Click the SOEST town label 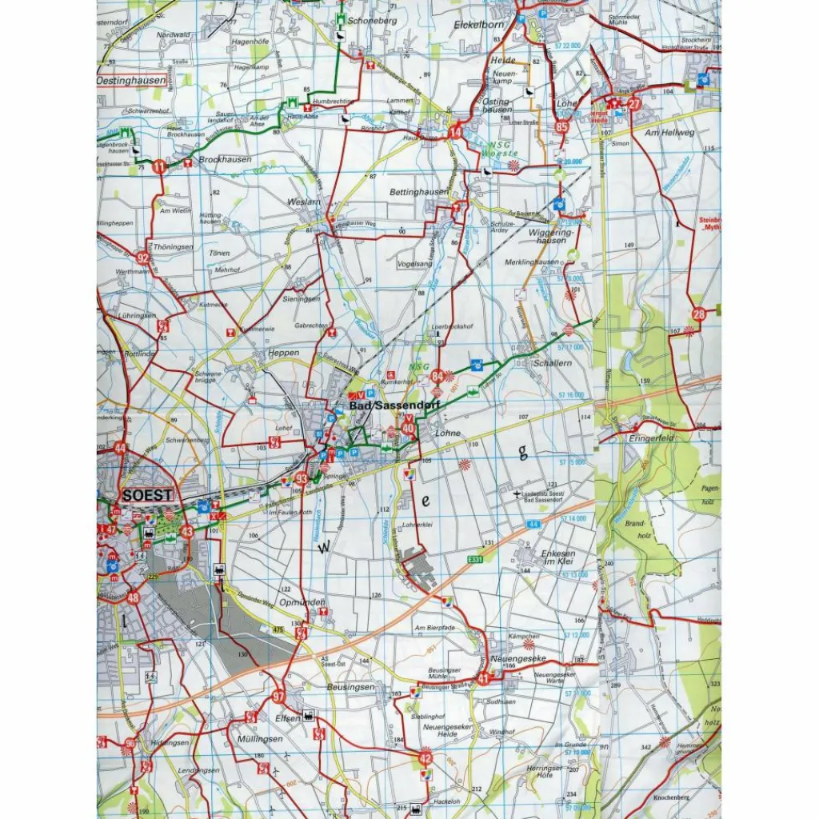tap(148, 495)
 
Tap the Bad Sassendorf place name tap(382, 406)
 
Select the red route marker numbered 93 tap(302, 479)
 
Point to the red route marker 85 tap(562, 126)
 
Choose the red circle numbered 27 tap(634, 104)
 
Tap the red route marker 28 tap(699, 314)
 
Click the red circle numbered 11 tap(161, 166)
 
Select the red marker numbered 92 tap(142, 258)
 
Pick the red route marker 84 tap(437, 375)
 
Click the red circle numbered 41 tap(484, 680)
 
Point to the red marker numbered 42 tap(425, 757)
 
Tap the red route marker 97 tap(278, 697)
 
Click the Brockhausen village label tap(225, 160)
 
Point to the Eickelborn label tap(477, 25)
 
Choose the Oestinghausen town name tap(131, 81)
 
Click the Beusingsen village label tap(350, 687)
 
